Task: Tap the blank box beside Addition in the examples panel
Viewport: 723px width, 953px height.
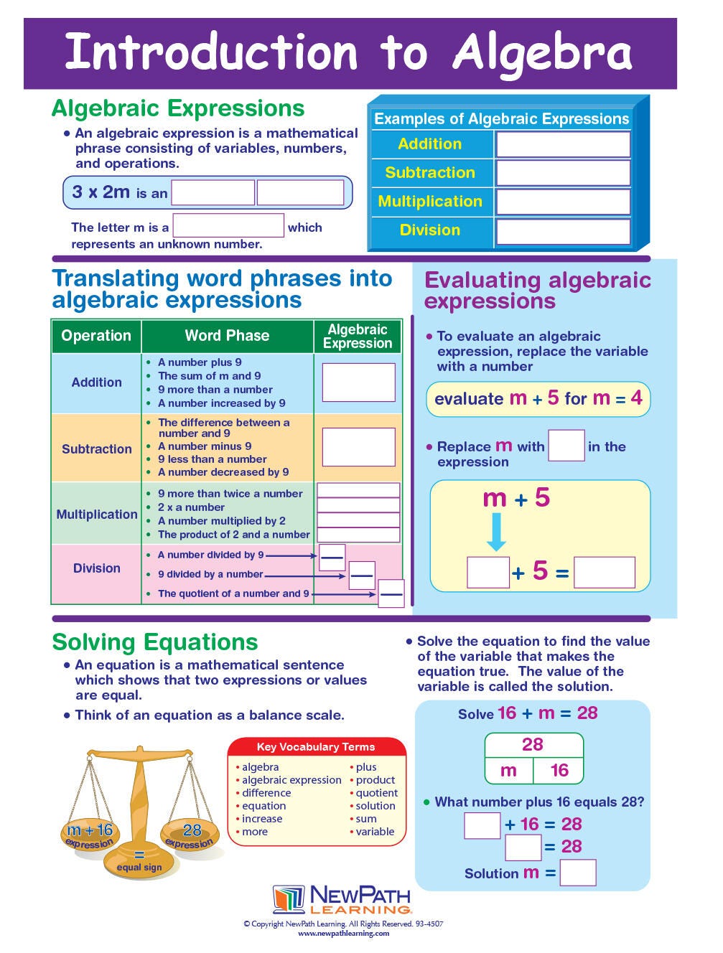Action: click(562, 144)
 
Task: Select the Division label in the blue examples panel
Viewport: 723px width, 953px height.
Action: click(429, 230)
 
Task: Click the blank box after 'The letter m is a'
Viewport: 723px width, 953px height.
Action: click(228, 226)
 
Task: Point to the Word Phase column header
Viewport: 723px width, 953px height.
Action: click(227, 336)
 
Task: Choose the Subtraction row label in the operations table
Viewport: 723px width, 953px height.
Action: click(97, 449)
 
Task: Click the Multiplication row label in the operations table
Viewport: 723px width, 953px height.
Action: click(97, 515)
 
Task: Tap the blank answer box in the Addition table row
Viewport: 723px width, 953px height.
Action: click(358, 382)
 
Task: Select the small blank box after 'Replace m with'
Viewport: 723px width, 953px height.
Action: click(566, 446)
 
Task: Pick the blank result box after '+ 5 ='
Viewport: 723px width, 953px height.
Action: click(605, 573)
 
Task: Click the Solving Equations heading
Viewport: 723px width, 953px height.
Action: click(155, 642)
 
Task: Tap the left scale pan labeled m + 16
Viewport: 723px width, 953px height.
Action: click(90, 835)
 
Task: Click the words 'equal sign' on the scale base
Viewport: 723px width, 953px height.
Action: click(139, 868)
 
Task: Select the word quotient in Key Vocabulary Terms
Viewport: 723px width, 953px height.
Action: click(377, 793)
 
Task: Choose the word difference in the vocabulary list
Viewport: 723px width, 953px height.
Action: click(266, 793)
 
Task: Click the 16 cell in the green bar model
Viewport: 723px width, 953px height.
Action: click(559, 771)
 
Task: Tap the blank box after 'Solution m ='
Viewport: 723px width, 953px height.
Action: click(578, 873)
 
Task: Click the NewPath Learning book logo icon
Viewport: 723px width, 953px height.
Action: click(289, 900)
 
